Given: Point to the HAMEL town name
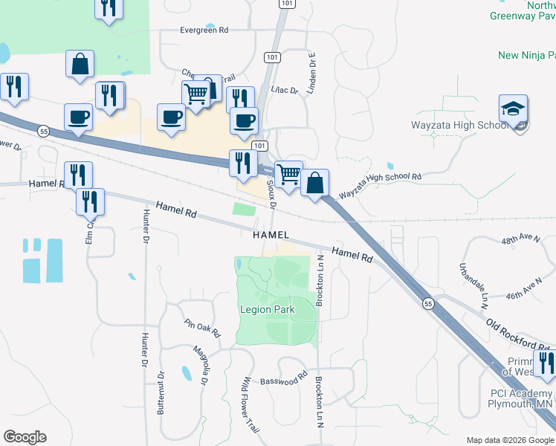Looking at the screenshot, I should pos(271,234).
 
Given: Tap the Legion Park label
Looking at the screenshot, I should pos(267,309).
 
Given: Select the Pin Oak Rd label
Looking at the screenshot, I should pos(203,328).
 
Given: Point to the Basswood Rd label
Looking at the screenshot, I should pos(283,381).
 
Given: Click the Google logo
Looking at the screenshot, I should pos(25,437).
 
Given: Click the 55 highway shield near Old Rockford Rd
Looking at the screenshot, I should pos(427,303).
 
